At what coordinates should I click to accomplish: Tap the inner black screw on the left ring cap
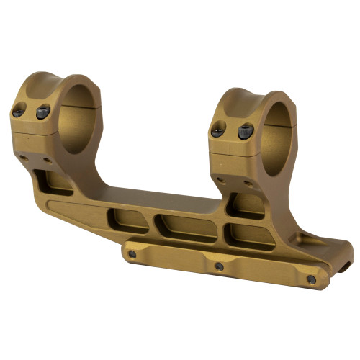click(x=42, y=112)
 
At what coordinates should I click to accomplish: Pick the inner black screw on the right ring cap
click(x=245, y=132)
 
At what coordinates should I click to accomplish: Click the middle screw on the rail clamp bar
click(x=219, y=266)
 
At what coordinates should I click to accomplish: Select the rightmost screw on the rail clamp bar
click(x=311, y=279)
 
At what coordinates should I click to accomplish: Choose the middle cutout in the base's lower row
click(x=189, y=229)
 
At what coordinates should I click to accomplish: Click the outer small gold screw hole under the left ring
click(x=23, y=156)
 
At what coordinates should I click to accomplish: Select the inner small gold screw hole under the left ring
click(x=47, y=160)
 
